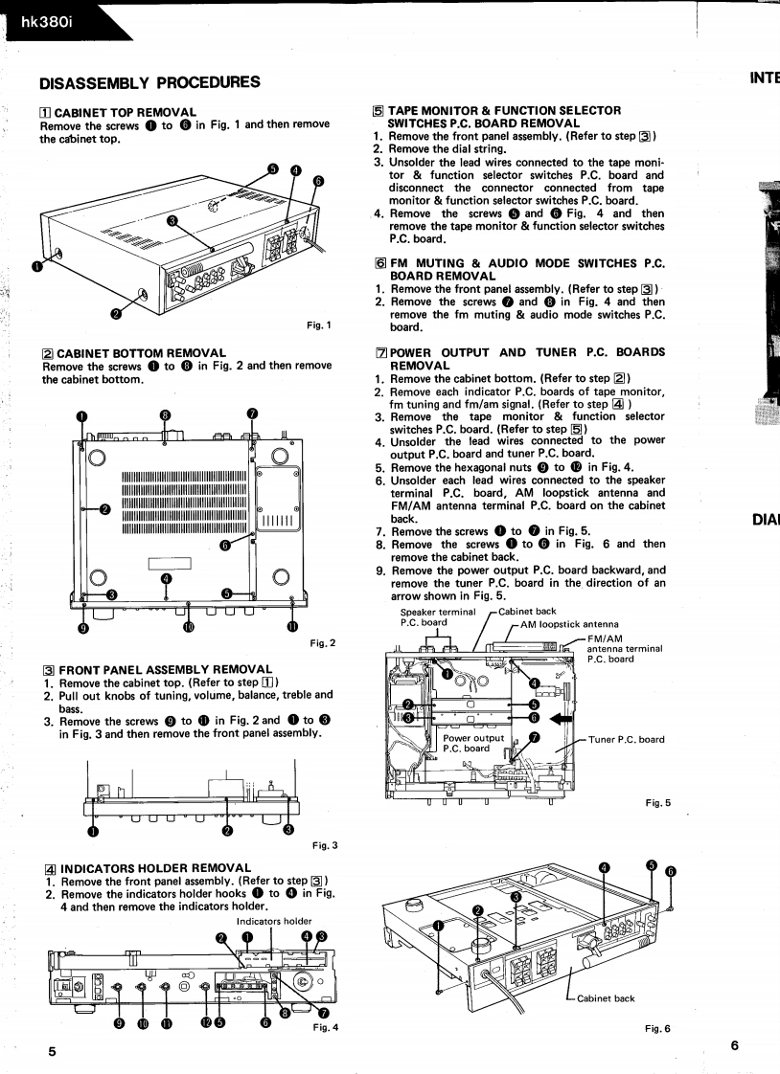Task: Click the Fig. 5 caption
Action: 658,801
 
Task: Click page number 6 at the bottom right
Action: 734,1045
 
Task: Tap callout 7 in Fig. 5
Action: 535,736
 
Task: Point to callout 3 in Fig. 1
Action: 172,220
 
